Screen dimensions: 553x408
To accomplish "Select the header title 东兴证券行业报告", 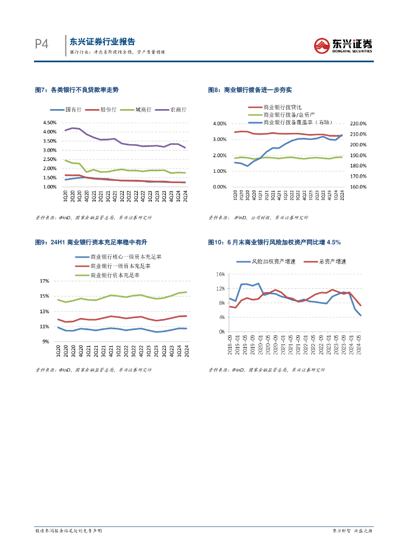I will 102,42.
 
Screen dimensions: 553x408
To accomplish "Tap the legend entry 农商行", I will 178,110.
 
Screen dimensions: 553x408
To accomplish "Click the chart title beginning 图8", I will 250,90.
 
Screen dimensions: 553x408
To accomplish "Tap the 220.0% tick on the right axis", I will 359,124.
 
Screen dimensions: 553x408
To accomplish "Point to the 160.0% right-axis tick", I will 359,187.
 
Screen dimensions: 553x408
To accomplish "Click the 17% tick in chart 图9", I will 45,281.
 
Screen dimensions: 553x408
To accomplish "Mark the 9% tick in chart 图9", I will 46,341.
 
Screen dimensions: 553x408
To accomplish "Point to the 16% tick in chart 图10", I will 220,274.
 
